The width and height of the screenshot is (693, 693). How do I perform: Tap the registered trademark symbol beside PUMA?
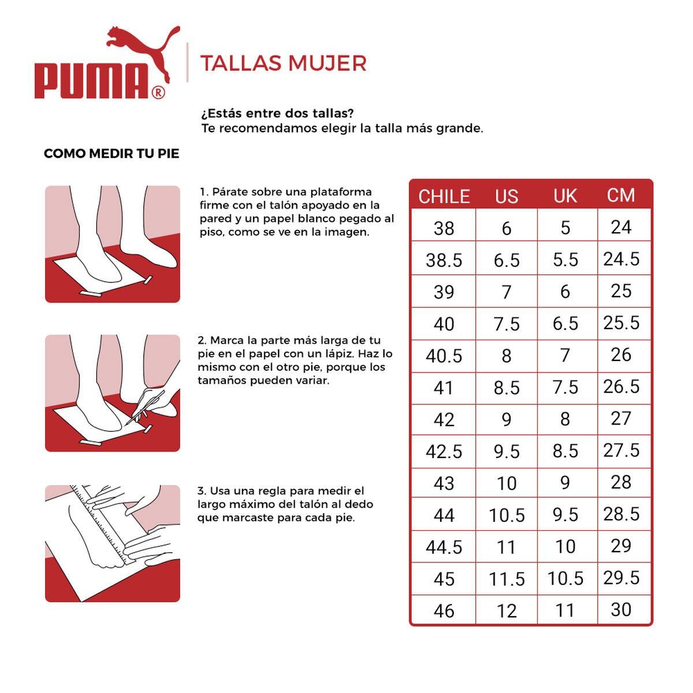tap(158, 92)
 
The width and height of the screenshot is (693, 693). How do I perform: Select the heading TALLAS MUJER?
tap(283, 64)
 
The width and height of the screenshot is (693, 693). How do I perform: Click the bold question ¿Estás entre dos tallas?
tap(277, 113)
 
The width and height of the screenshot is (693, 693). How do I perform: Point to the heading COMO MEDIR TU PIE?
tap(111, 154)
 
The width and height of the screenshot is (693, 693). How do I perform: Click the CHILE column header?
tap(444, 196)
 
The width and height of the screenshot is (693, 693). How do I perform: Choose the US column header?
tap(506, 196)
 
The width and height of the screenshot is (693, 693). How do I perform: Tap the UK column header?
tap(565, 196)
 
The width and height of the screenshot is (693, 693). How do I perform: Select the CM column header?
tap(621, 195)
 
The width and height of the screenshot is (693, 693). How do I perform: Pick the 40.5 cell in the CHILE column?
tap(444, 356)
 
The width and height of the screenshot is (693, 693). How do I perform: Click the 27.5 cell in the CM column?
tap(621, 450)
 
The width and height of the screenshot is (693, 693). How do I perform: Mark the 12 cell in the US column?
tap(506, 611)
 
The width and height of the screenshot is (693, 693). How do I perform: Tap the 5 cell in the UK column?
tap(565, 228)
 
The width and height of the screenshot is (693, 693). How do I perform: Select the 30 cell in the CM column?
tap(621, 610)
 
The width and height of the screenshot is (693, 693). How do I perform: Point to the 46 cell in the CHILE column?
tap(444, 611)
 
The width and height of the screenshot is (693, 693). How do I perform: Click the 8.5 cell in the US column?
tap(506, 388)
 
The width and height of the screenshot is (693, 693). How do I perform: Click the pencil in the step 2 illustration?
tap(144, 407)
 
